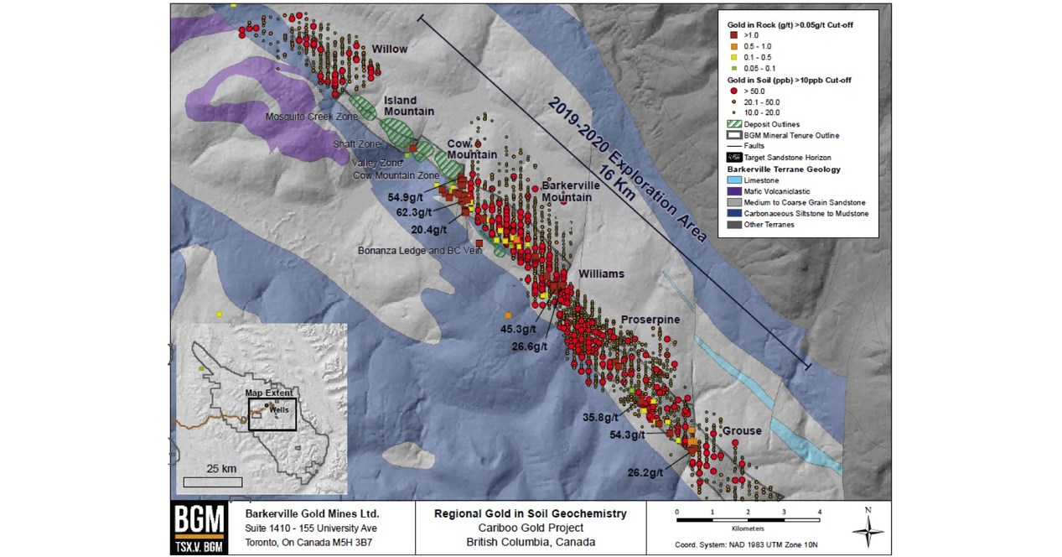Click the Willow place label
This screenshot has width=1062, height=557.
click(x=390, y=49)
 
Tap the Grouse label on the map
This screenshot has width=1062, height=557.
click(x=742, y=431)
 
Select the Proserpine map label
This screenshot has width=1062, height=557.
click(x=650, y=320)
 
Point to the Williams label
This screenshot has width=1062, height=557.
click(x=601, y=273)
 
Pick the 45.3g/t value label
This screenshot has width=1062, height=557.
click(x=518, y=328)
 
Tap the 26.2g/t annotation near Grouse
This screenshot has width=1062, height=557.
click(x=645, y=472)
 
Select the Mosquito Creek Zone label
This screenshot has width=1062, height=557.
click(x=306, y=116)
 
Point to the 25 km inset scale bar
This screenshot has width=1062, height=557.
click(x=212, y=482)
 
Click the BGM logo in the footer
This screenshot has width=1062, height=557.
click(x=198, y=527)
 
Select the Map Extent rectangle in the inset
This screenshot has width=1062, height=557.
click(x=272, y=414)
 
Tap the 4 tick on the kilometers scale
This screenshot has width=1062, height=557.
click(x=819, y=511)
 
